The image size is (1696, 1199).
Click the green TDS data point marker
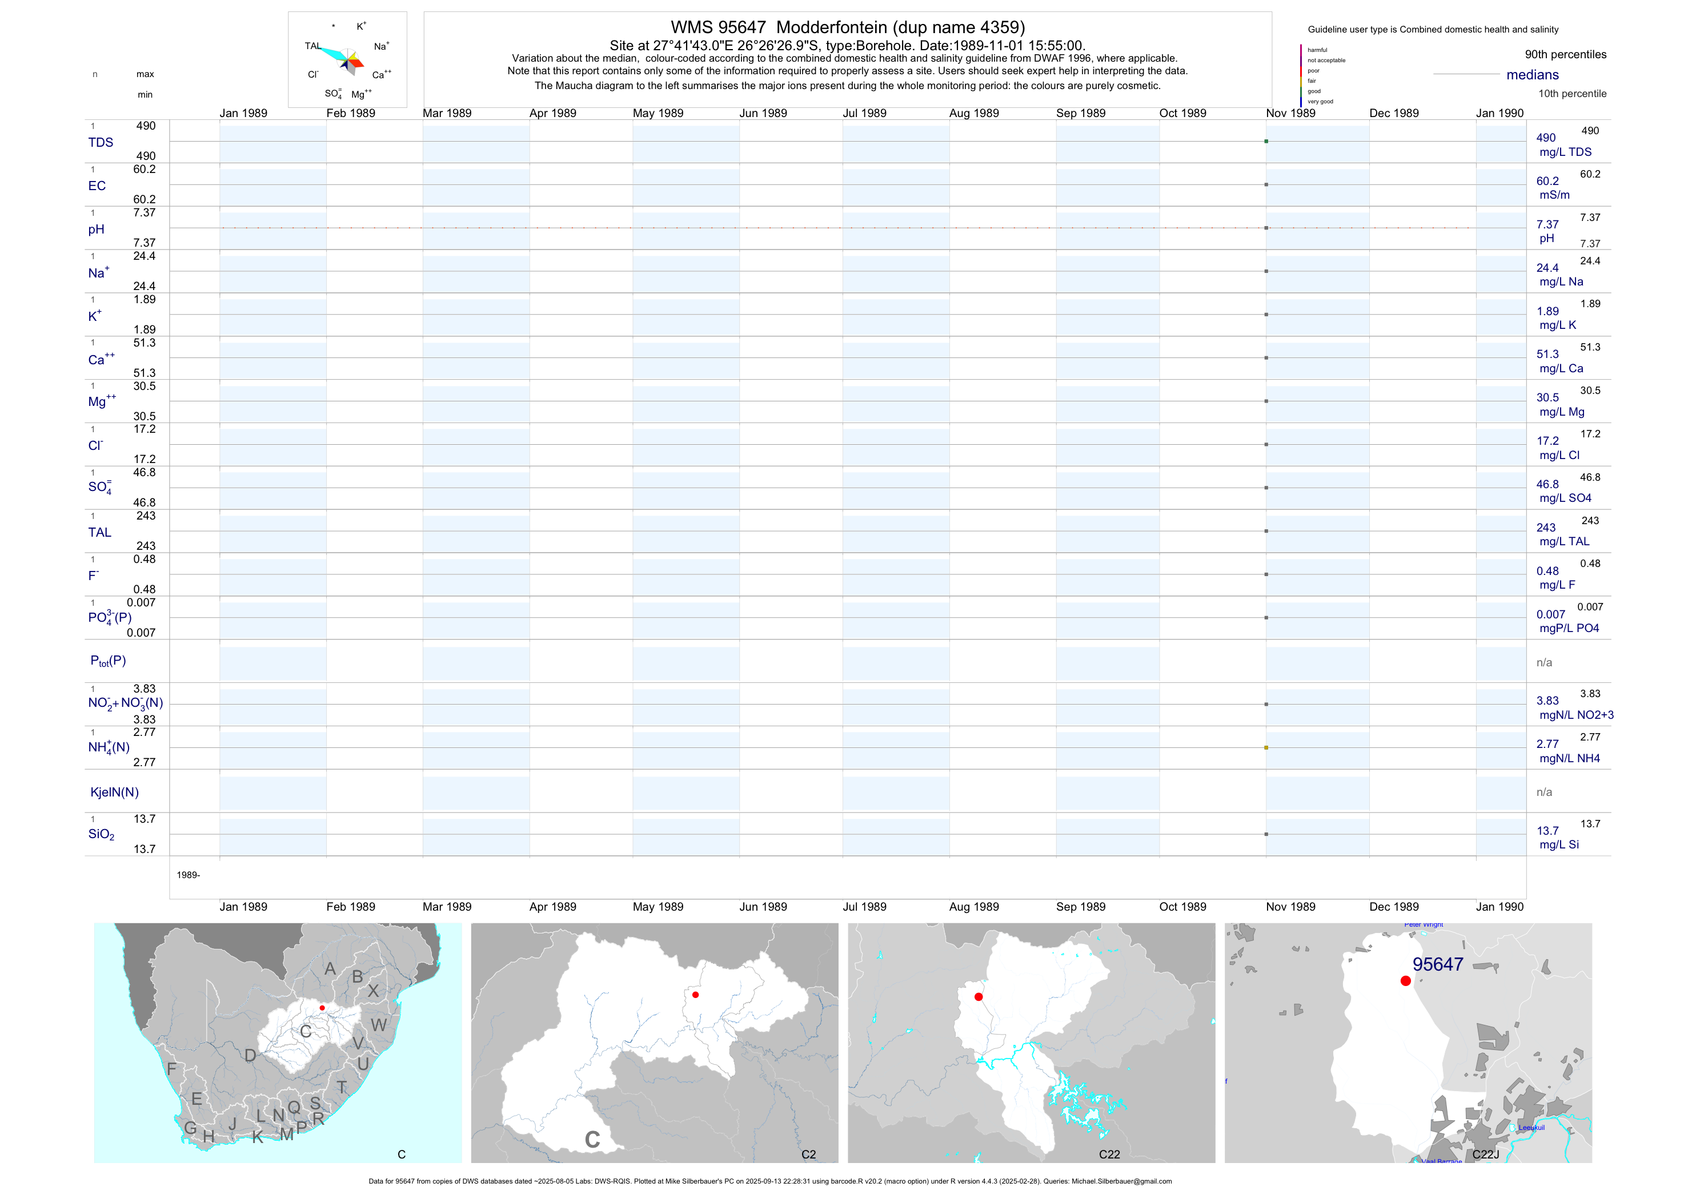point(1266,141)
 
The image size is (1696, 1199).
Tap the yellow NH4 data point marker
point(1266,748)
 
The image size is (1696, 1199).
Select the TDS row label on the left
point(101,143)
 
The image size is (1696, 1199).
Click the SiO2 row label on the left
point(101,834)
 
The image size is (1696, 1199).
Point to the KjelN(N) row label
point(114,792)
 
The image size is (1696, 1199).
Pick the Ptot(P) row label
point(108,661)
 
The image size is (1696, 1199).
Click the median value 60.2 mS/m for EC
point(1547,181)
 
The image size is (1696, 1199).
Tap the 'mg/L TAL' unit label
point(1564,541)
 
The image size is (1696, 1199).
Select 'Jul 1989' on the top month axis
point(864,113)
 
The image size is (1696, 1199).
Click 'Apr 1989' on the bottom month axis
point(552,907)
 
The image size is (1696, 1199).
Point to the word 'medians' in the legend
point(1533,75)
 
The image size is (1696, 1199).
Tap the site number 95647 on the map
point(1437,964)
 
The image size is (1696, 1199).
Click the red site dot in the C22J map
point(1406,980)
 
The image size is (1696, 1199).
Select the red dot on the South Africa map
point(322,1008)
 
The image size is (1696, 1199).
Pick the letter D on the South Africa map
point(250,1056)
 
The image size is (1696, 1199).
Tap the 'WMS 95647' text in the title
point(718,27)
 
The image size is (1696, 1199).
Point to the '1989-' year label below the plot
point(189,875)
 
